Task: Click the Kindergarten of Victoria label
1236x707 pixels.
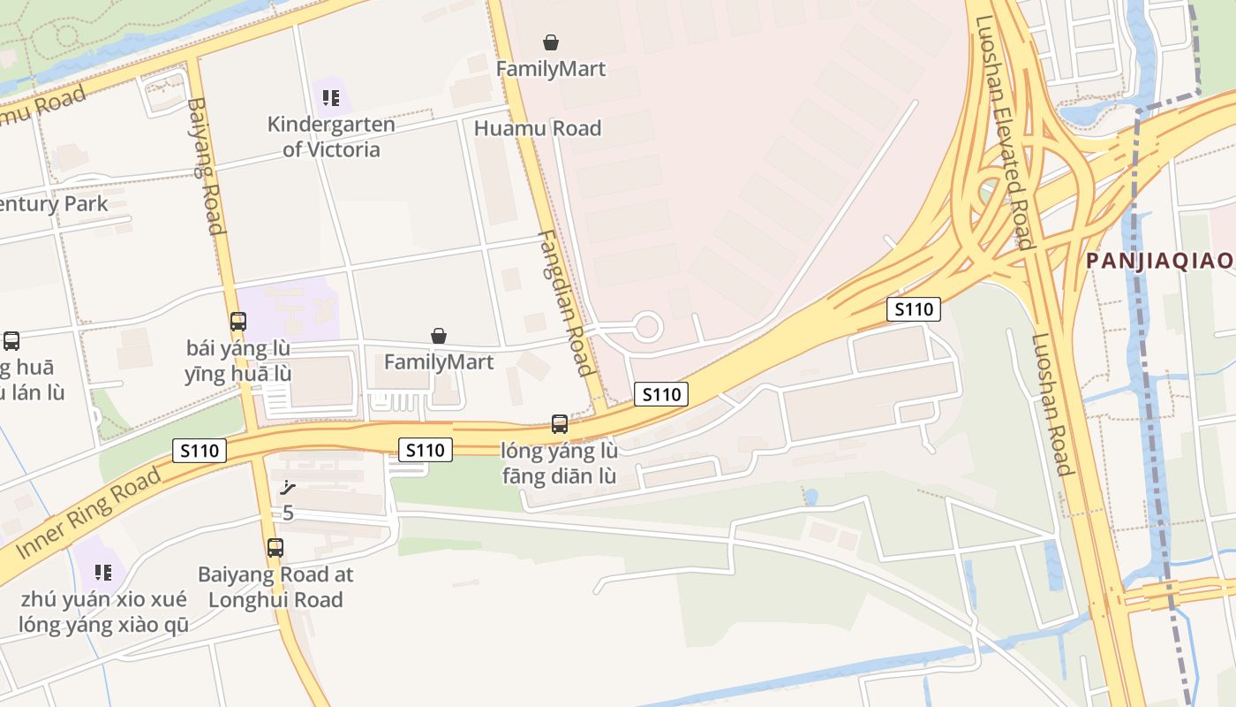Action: coord(331,137)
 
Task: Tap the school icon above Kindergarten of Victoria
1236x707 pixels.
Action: coord(331,97)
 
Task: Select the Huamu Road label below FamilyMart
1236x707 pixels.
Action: coord(538,128)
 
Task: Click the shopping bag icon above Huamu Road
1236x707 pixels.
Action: coord(551,42)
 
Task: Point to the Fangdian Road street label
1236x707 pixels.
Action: coord(565,303)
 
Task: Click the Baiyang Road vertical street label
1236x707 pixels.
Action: coord(204,165)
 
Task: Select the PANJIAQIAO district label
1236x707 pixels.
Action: coord(1159,261)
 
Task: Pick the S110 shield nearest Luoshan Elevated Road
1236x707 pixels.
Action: coord(914,309)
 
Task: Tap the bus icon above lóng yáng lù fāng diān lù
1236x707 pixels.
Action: coord(560,424)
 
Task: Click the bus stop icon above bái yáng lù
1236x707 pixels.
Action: coord(238,322)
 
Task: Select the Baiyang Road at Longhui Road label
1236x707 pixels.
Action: coord(275,587)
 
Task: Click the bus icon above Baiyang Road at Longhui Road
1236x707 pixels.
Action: coord(275,548)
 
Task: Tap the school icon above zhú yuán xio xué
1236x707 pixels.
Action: coord(104,572)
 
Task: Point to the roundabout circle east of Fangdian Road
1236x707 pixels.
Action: coord(647,326)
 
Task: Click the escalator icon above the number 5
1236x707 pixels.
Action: coord(287,487)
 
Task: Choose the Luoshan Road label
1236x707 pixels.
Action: coord(1051,404)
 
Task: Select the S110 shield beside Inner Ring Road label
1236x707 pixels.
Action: coord(200,451)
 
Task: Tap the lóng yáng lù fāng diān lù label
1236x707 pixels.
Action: coord(560,463)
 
